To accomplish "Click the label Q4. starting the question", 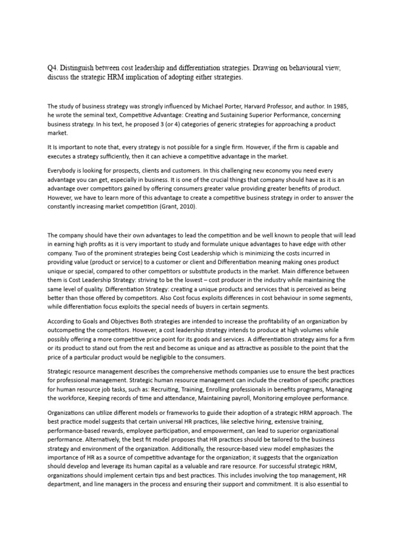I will (54, 68).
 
